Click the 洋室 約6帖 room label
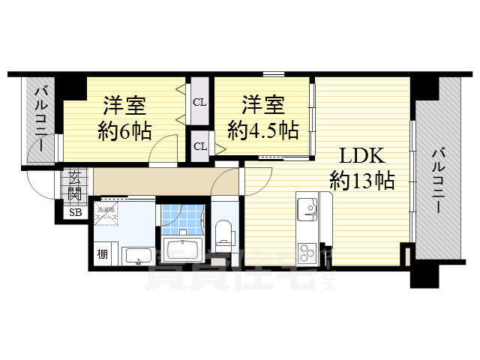(x=124, y=118)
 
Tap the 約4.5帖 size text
(x=263, y=130)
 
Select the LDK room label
(x=363, y=156)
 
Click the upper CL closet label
(x=200, y=102)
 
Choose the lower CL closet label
(x=200, y=145)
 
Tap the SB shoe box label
(x=76, y=213)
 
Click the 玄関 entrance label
(x=76, y=185)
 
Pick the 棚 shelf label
(x=102, y=253)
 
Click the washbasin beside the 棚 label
(x=138, y=257)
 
